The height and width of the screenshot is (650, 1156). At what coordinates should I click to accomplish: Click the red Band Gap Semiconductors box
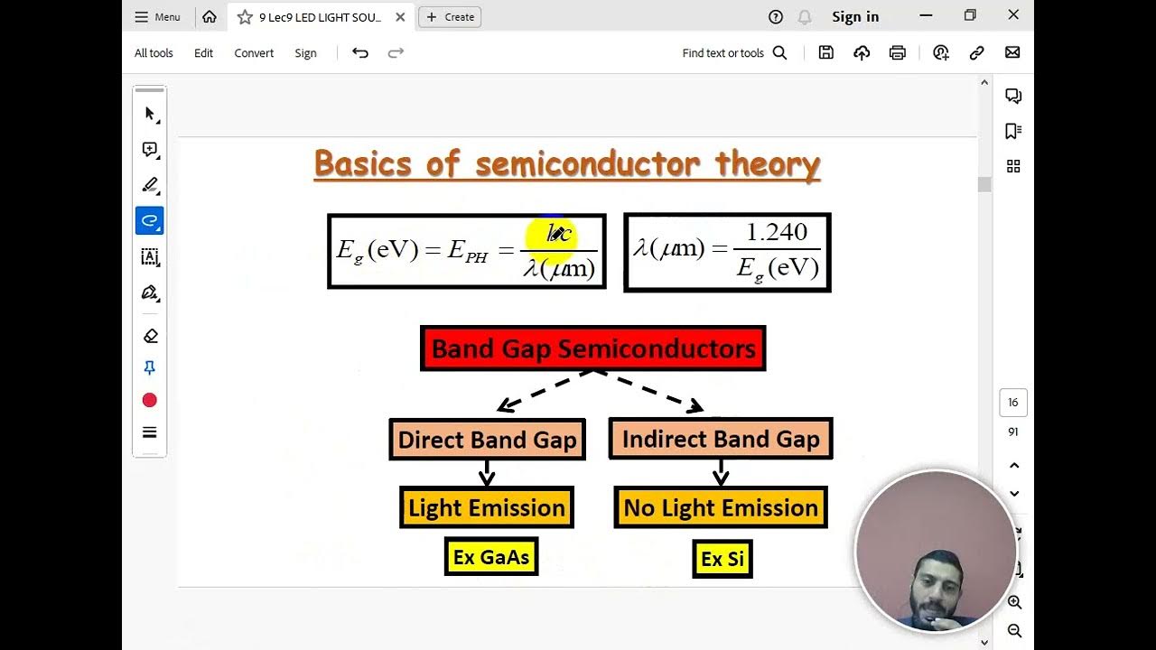pyautogui.click(x=592, y=348)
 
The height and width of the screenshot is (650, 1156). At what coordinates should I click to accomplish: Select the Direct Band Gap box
pyautogui.click(x=487, y=440)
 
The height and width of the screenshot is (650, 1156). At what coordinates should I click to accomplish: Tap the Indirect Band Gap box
pyautogui.click(x=721, y=439)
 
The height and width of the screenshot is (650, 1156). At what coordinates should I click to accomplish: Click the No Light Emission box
pyautogui.click(x=721, y=507)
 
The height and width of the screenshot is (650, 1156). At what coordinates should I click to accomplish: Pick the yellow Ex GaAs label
pyautogui.click(x=491, y=557)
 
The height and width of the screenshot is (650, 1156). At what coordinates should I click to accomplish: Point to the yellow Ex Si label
pyautogui.click(x=722, y=559)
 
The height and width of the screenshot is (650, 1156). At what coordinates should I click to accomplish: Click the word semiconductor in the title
pyautogui.click(x=587, y=164)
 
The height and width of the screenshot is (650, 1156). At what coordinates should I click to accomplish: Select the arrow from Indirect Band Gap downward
pyautogui.click(x=721, y=472)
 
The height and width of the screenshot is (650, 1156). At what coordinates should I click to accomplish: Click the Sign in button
pyautogui.click(x=854, y=16)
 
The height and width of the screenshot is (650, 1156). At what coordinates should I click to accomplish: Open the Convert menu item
pyautogui.click(x=254, y=53)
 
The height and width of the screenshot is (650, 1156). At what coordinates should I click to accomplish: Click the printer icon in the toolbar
pyautogui.click(x=897, y=53)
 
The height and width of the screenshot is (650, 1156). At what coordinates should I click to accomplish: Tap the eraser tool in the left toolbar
pyautogui.click(x=150, y=336)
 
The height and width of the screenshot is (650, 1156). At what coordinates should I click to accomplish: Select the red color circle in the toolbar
pyautogui.click(x=150, y=400)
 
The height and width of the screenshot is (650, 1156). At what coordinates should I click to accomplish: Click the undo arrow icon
pyautogui.click(x=360, y=53)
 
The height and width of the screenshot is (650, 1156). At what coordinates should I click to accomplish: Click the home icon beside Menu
pyautogui.click(x=210, y=16)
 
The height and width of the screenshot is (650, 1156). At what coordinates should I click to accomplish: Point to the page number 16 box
pyautogui.click(x=1012, y=403)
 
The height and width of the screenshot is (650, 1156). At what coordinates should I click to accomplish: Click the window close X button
pyautogui.click(x=1013, y=15)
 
